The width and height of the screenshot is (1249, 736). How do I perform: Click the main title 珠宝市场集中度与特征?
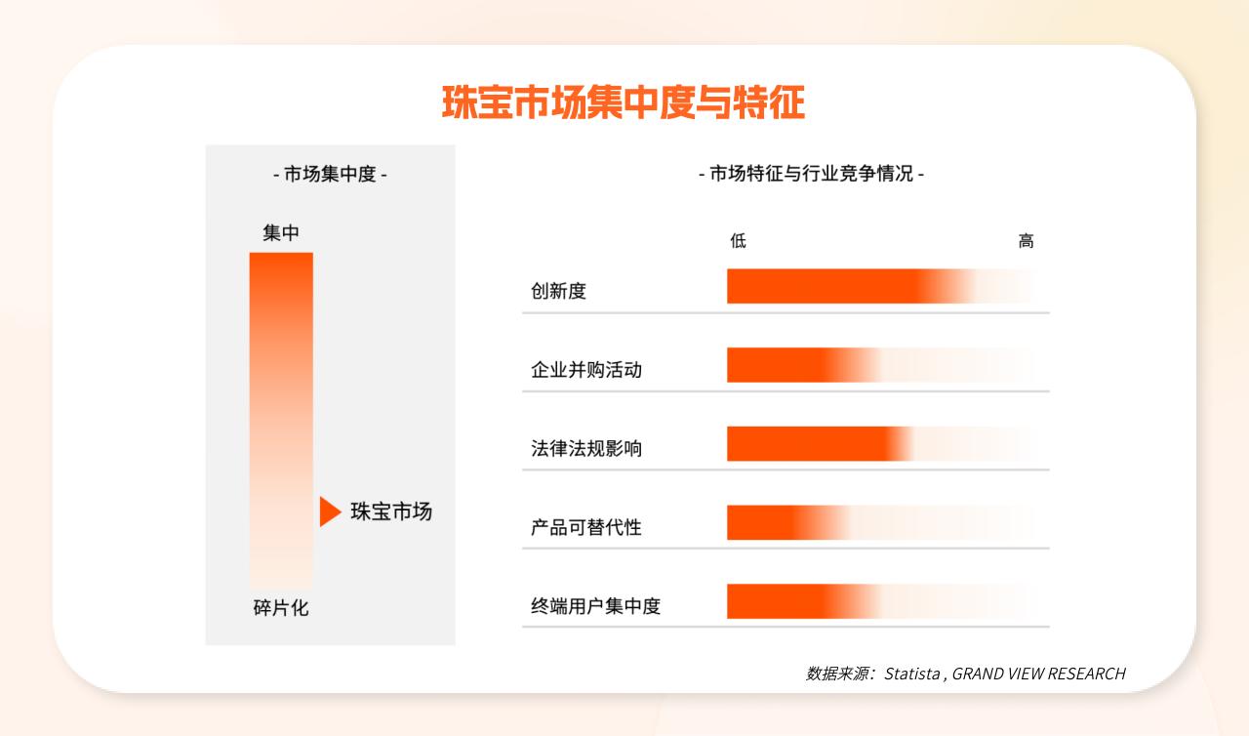(x=624, y=102)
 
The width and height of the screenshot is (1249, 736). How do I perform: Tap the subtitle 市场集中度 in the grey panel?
(x=330, y=174)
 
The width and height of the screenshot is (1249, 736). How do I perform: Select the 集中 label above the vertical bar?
(x=281, y=232)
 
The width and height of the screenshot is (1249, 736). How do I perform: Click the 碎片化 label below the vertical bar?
(x=281, y=607)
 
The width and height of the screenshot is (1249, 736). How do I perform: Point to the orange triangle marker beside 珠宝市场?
(x=330, y=511)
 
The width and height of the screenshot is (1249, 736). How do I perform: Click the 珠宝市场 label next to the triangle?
(x=391, y=511)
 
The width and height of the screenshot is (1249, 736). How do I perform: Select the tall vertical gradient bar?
(x=281, y=421)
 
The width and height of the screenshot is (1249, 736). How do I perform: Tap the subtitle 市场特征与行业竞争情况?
(x=811, y=174)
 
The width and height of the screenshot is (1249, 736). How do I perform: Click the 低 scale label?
(x=739, y=241)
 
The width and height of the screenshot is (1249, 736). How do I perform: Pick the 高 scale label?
(x=1026, y=241)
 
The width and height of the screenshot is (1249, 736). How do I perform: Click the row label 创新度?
(x=558, y=291)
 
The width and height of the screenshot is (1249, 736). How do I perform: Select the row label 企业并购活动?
(x=586, y=370)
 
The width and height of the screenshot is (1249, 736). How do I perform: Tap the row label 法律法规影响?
(x=586, y=448)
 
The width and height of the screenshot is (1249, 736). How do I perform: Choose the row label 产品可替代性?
(x=586, y=527)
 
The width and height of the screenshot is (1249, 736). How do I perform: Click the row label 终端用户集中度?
(x=595, y=605)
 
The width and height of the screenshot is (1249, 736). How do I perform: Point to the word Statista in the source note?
(x=912, y=674)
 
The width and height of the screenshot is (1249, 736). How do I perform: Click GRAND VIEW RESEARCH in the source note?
(x=1039, y=674)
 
